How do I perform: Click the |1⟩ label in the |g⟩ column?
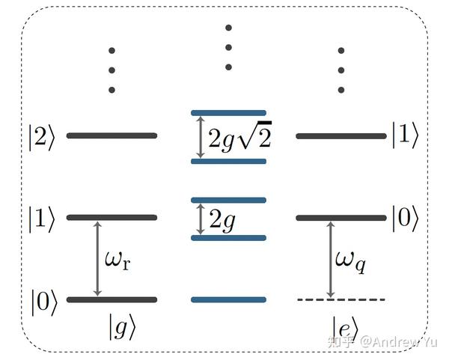pyautogui.click(x=41, y=219)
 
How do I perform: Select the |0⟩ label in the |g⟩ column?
pyautogui.click(x=44, y=302)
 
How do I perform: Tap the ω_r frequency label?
pyautogui.click(x=117, y=260)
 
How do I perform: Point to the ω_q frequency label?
pyautogui.click(x=350, y=261)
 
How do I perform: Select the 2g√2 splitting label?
pyautogui.click(x=240, y=135)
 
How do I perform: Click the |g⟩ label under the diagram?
pyautogui.click(x=122, y=327)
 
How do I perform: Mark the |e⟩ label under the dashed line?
pyautogui.click(x=345, y=329)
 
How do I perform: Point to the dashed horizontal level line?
pyautogui.click(x=341, y=299)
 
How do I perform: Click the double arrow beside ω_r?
pyautogui.click(x=97, y=259)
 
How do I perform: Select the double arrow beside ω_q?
pyautogui.click(x=331, y=260)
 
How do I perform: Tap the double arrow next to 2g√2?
pyautogui.click(x=201, y=137)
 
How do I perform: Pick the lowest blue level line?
pyautogui.click(x=228, y=299)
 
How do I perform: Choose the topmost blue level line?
pyautogui.click(x=228, y=113)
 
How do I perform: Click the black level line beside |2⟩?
pyautogui.click(x=112, y=135)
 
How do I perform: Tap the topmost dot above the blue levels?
pyautogui.click(x=228, y=28)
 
